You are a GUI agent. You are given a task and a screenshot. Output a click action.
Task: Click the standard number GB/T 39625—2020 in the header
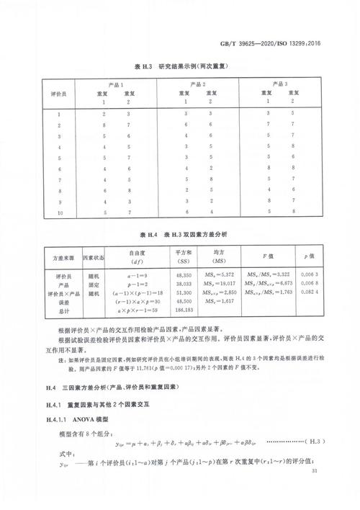click(271, 42)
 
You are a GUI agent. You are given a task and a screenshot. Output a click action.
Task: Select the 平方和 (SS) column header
click(182, 255)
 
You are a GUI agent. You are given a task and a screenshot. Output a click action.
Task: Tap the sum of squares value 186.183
click(182, 312)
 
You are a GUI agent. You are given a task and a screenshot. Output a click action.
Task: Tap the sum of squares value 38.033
click(182, 285)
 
